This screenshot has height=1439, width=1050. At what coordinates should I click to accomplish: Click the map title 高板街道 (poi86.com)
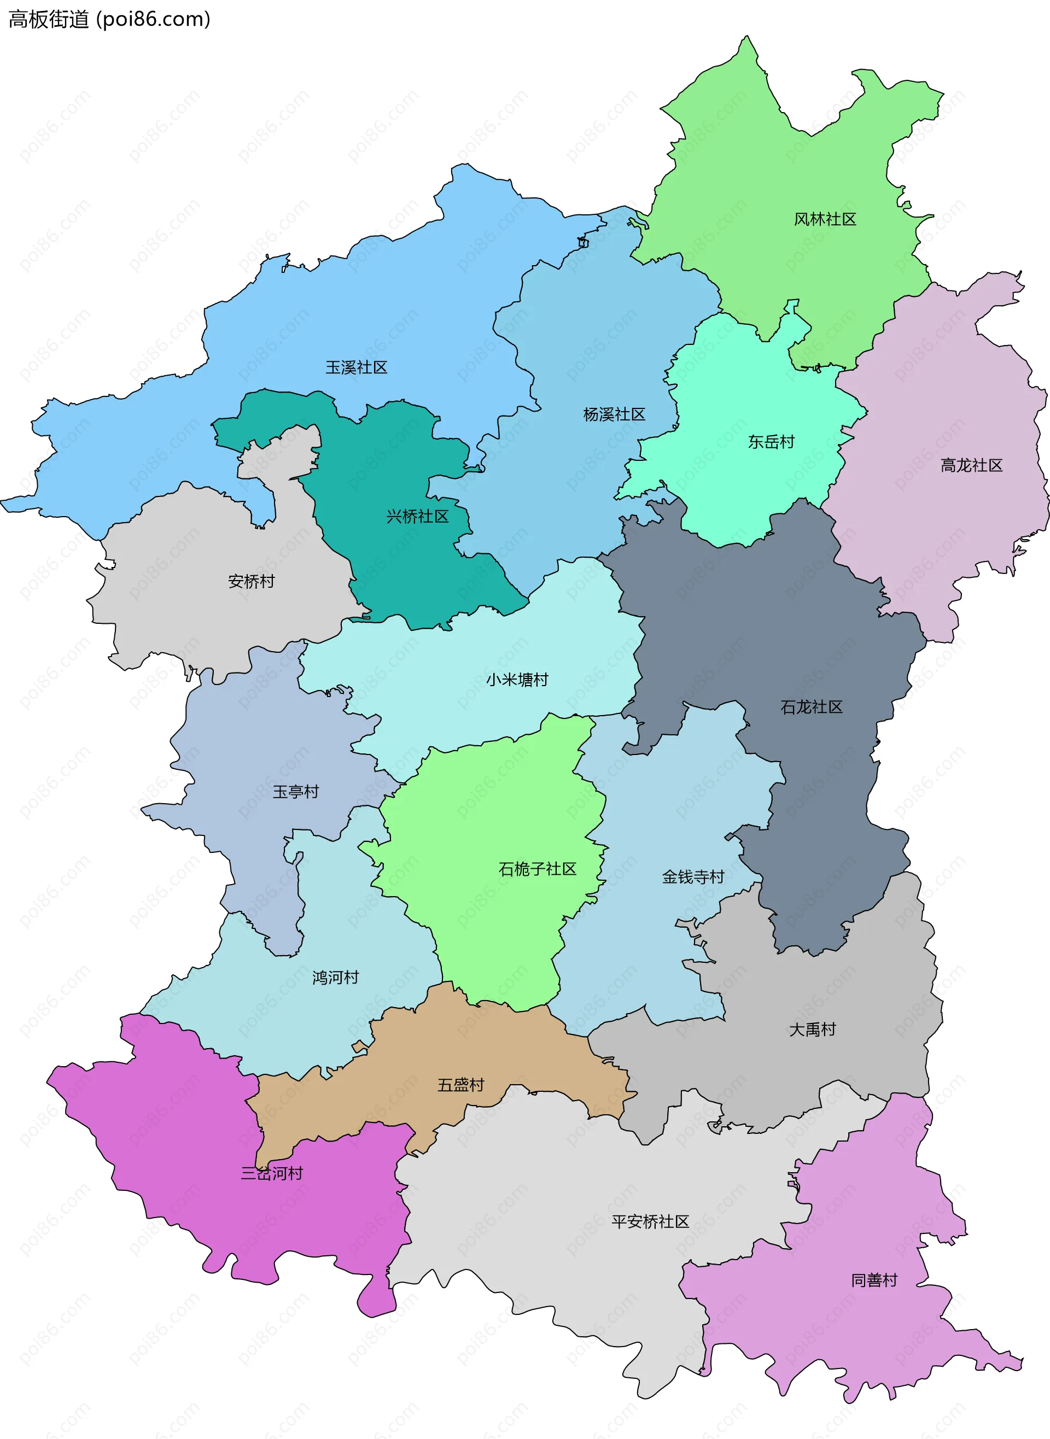[x=109, y=19]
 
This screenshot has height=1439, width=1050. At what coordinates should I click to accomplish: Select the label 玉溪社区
[x=356, y=367]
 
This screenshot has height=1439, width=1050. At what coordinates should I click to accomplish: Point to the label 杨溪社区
[x=614, y=414]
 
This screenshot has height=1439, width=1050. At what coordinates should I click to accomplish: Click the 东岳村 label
[x=771, y=442]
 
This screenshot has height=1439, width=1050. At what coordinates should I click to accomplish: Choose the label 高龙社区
[x=971, y=465]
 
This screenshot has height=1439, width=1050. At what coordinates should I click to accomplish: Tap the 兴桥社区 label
[x=418, y=516]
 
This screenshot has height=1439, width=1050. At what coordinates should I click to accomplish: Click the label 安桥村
[x=251, y=581]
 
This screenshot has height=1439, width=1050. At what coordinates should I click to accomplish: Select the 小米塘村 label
[x=517, y=679]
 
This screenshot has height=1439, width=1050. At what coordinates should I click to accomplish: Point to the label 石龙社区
[x=811, y=706]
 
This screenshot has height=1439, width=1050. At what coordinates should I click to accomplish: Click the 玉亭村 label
[x=295, y=791]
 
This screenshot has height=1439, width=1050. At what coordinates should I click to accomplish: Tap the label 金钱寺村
[x=693, y=877]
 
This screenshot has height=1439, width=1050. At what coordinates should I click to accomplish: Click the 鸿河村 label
[x=336, y=977]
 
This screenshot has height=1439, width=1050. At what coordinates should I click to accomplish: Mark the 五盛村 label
[x=461, y=1085]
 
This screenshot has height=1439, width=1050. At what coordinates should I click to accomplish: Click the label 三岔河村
[x=271, y=1173]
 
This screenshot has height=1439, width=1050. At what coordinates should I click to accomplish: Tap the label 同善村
[x=874, y=1280]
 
